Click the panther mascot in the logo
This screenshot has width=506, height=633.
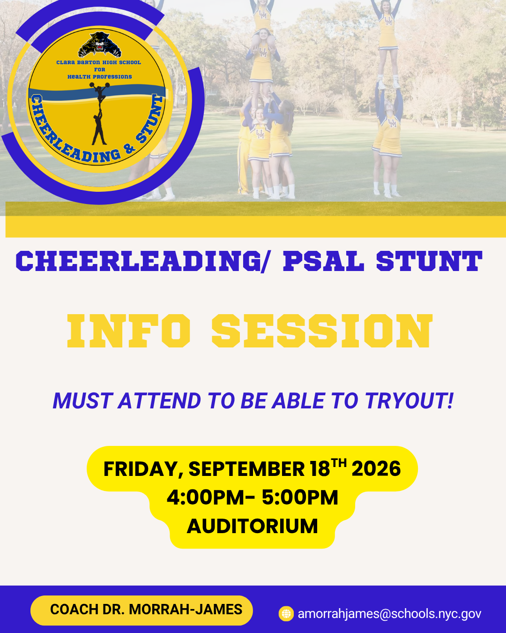click(x=99, y=45)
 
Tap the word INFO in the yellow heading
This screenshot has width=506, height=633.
click(x=129, y=331)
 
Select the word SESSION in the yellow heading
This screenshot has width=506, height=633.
click(x=322, y=331)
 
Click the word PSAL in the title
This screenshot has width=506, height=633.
click(x=324, y=261)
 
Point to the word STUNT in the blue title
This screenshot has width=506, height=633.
click(x=429, y=261)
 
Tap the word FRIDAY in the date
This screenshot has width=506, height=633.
click(x=143, y=469)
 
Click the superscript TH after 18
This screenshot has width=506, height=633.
click(x=339, y=463)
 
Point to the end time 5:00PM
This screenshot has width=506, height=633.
click(x=300, y=497)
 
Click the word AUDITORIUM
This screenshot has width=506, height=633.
click(x=252, y=526)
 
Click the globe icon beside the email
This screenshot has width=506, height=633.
click(x=286, y=614)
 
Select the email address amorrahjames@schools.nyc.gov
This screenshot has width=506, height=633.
click(x=389, y=614)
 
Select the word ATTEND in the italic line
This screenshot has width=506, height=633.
click(x=159, y=400)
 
